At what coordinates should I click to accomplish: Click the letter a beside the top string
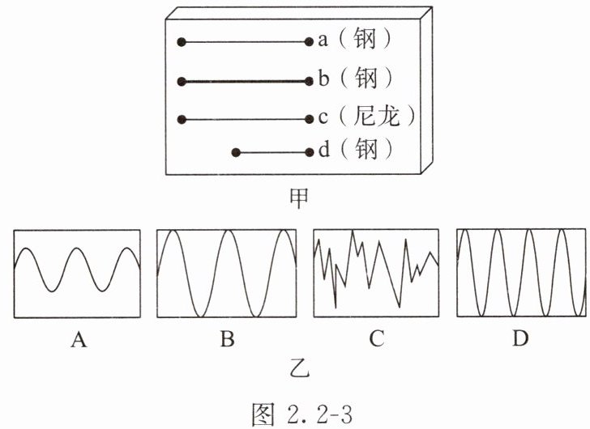(323, 40)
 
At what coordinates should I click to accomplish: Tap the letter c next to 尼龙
(323, 118)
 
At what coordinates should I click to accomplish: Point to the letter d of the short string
(323, 151)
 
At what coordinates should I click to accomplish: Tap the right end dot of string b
(309, 80)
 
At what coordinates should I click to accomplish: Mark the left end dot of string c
(182, 119)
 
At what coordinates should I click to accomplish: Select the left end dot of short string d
(236, 151)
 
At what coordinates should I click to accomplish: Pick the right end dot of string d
(309, 151)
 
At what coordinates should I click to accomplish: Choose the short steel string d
(272, 151)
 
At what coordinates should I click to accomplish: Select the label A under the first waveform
(79, 340)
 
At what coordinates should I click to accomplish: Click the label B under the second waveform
(227, 340)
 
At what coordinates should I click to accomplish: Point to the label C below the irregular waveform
(376, 340)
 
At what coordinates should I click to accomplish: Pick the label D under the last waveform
(521, 340)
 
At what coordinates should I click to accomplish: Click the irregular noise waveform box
(377, 273)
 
